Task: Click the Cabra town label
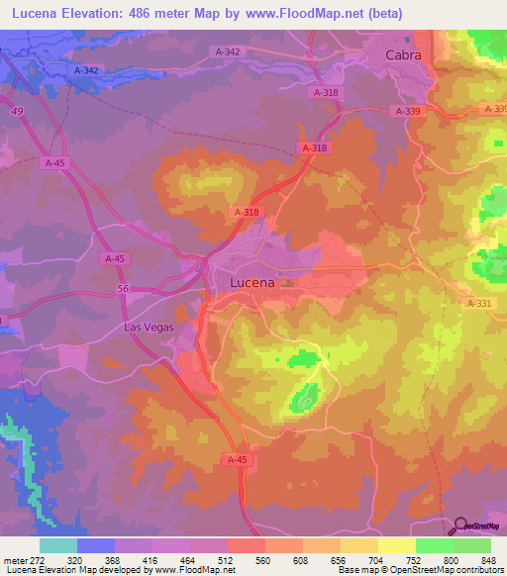(403, 55)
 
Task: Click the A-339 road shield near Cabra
(408, 112)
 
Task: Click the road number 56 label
(123, 288)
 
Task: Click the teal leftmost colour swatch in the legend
(58, 545)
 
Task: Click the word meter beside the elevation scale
(14, 559)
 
